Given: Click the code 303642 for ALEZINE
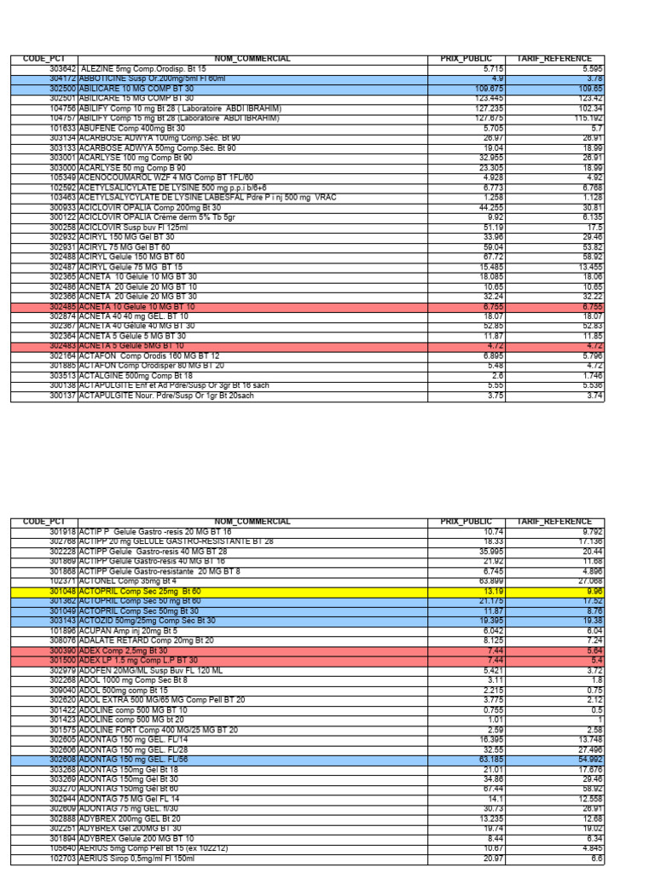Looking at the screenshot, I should tap(63, 68).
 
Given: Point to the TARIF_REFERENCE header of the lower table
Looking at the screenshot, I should tap(559, 521).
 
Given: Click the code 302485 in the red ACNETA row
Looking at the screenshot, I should tap(63, 306).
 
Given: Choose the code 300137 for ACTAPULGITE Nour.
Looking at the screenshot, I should tap(63, 395).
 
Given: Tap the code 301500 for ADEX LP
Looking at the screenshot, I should tap(63, 660).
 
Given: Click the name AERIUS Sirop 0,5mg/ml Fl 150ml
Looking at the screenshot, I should tap(148, 859).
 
